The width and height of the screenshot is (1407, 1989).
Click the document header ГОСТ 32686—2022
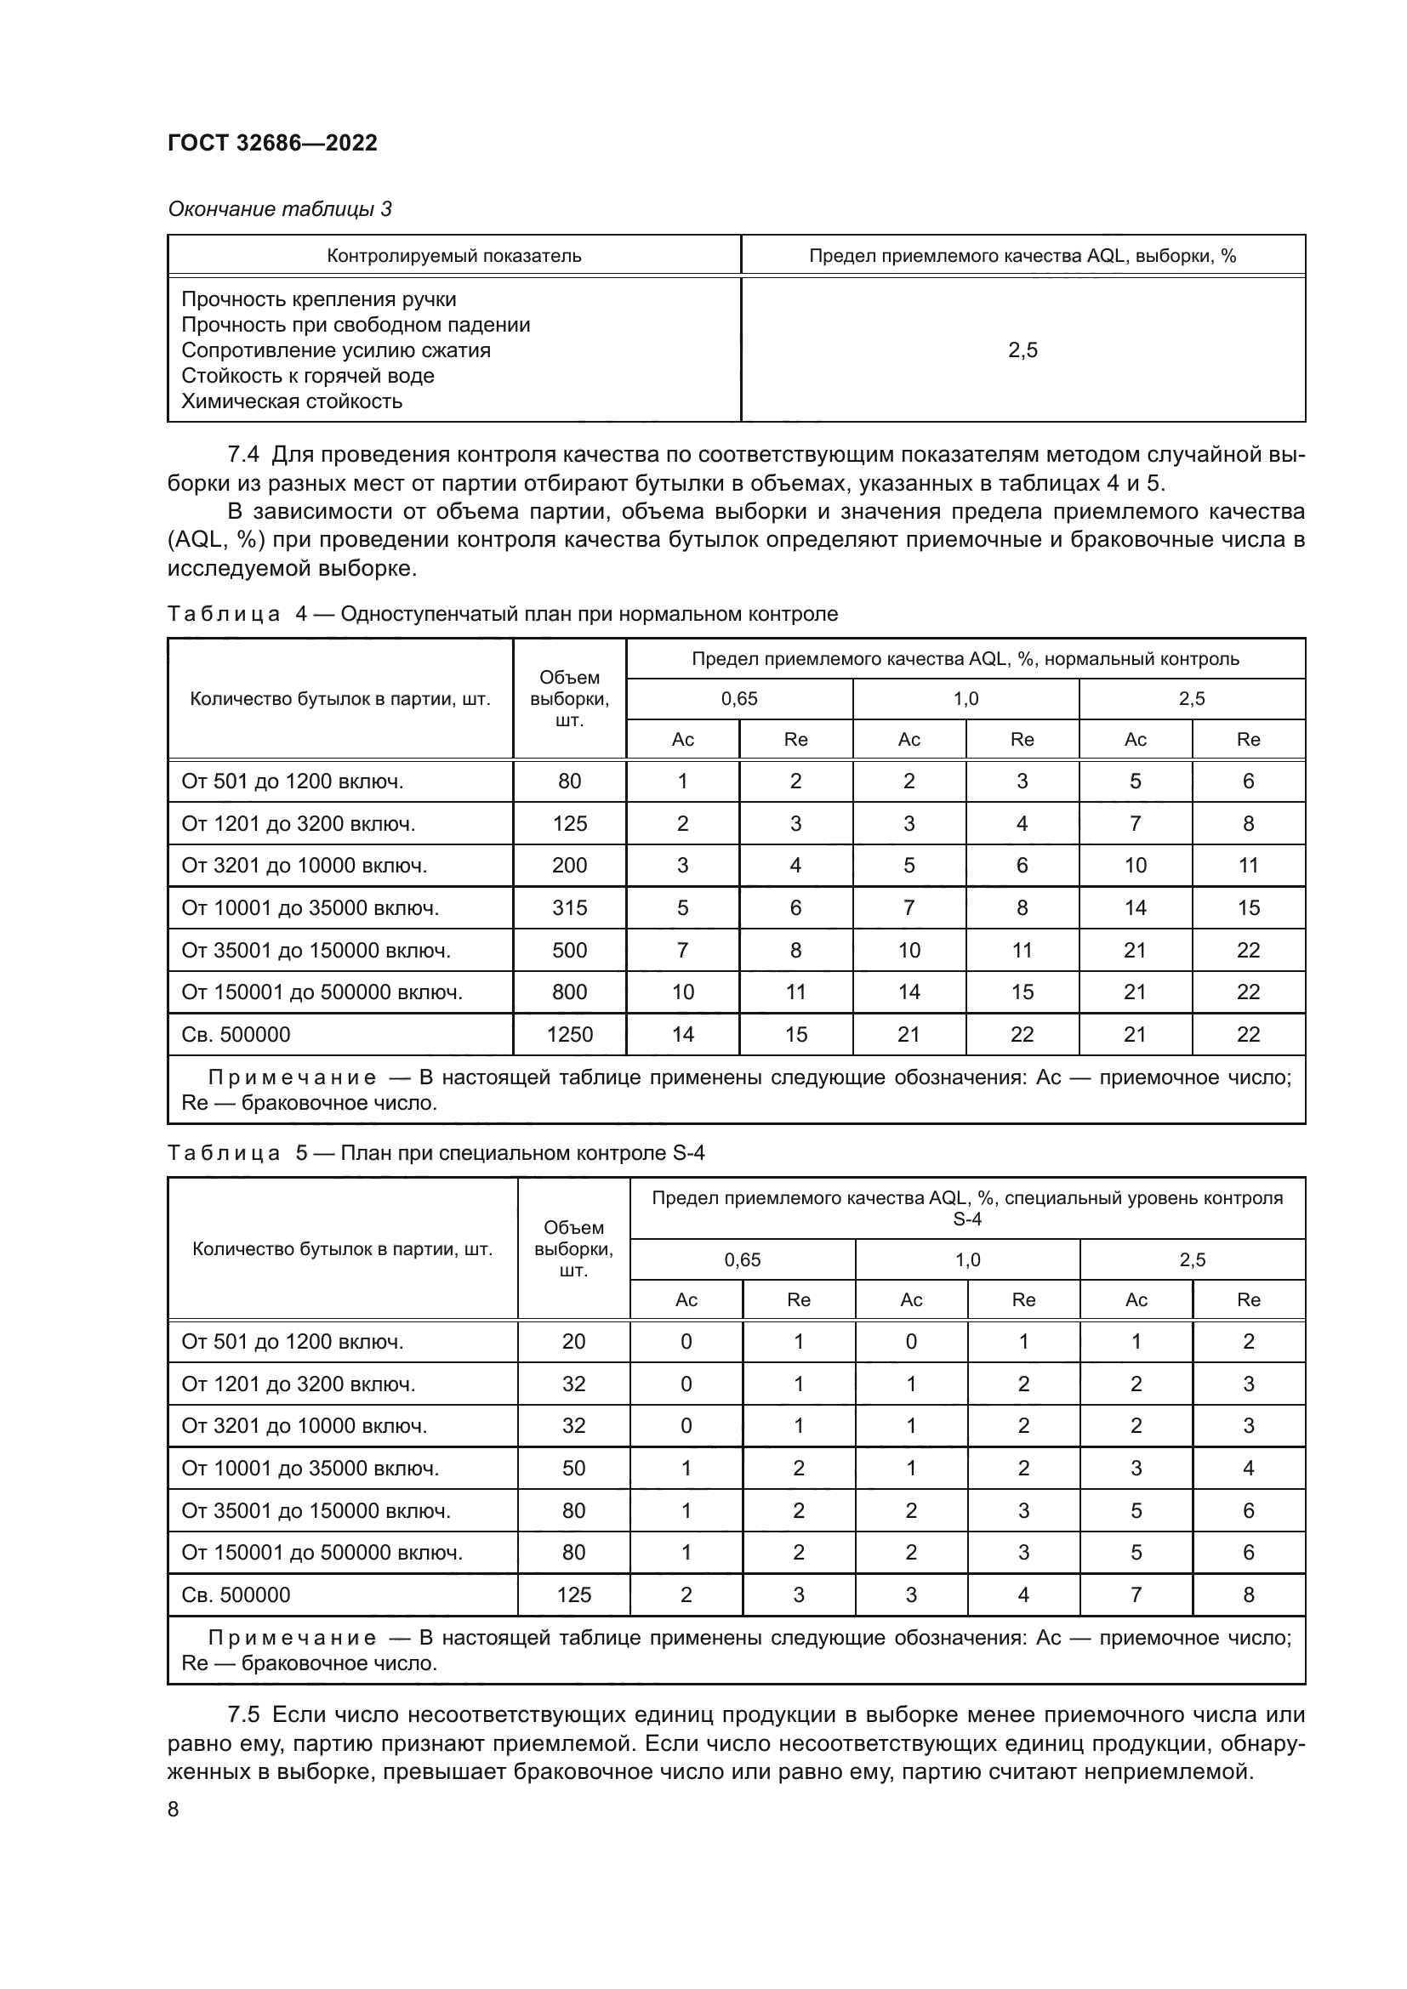click(272, 143)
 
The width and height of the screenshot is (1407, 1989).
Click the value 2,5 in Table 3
click(1022, 350)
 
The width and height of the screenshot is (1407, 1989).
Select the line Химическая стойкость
click(292, 401)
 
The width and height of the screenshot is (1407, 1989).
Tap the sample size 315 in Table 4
click(569, 908)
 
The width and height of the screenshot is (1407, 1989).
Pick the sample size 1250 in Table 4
click(569, 1034)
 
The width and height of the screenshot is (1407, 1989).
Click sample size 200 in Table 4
click(569, 866)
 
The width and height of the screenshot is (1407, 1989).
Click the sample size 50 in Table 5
click(573, 1469)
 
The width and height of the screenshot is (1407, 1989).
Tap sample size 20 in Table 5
click(573, 1342)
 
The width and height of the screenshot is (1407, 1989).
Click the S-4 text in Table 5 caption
click(689, 1153)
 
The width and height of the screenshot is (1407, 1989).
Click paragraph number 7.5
click(242, 1715)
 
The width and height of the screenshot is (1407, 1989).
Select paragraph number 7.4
click(242, 455)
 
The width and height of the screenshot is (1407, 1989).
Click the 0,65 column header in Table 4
click(739, 699)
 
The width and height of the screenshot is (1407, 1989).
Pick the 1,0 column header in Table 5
click(967, 1259)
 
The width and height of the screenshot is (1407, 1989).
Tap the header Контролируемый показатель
click(454, 257)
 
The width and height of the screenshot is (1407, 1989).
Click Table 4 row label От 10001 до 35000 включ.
click(310, 908)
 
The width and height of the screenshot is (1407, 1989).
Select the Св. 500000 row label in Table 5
click(236, 1594)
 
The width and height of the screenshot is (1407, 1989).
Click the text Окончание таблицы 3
click(280, 209)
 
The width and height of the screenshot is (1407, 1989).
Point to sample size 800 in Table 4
click(569, 992)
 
